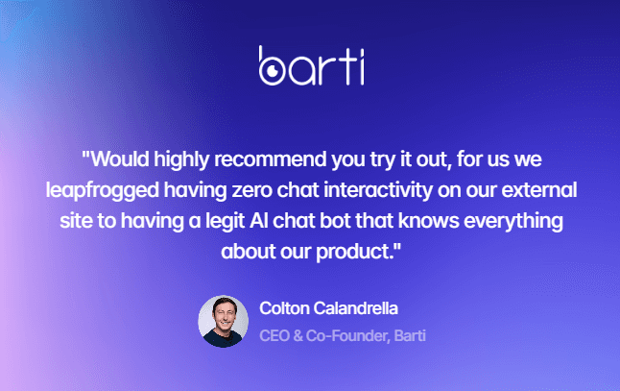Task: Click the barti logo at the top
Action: point(312,65)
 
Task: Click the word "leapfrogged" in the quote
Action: point(103,191)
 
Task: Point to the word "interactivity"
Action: point(378,190)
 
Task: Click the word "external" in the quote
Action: point(539,190)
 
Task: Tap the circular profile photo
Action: point(224,321)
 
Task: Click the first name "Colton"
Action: point(284,308)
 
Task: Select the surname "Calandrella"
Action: point(356,308)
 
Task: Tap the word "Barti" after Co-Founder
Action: point(410,335)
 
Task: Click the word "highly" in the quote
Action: point(181,159)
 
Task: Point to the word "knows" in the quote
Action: point(429,221)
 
